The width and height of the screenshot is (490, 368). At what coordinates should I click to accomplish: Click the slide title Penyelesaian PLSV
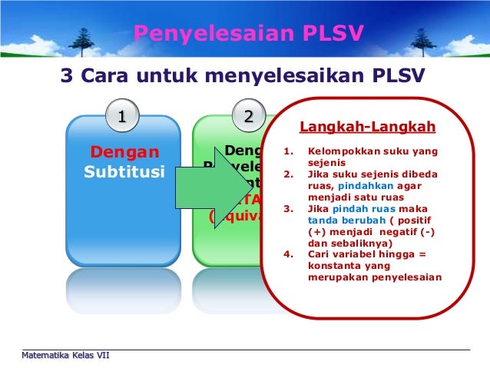click(248, 33)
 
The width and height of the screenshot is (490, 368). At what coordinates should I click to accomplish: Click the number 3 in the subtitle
click(67, 77)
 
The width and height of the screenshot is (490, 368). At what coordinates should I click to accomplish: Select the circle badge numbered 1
click(121, 117)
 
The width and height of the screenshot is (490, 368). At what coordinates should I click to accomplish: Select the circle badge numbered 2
click(248, 117)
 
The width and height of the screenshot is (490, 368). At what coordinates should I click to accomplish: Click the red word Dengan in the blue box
click(124, 151)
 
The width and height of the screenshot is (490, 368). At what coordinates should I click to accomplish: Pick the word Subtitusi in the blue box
click(124, 170)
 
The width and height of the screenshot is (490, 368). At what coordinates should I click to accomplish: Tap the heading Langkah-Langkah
click(367, 127)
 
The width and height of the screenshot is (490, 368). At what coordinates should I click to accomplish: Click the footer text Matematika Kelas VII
click(65, 355)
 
